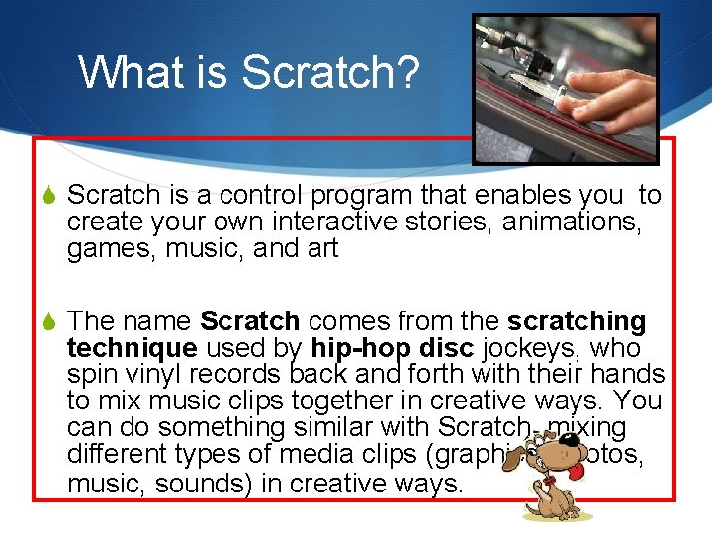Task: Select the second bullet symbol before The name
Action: pos(49,322)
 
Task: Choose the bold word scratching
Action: pos(577,322)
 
